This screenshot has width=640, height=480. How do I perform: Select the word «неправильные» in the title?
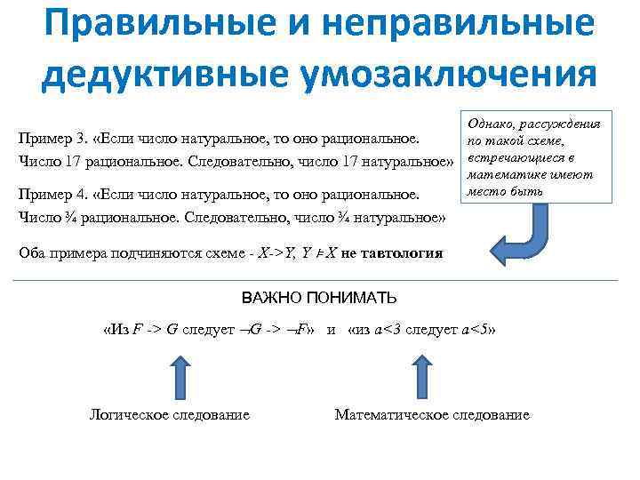coord(445,24)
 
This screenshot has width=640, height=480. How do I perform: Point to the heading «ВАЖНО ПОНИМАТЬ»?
coord(320,297)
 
